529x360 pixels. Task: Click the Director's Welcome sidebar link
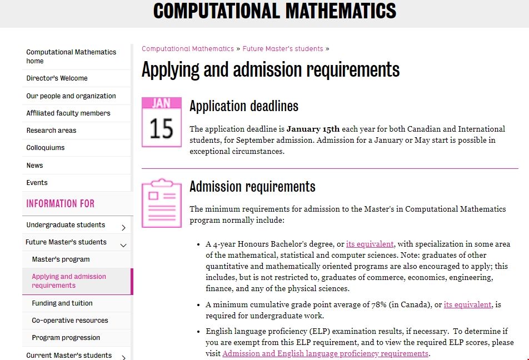point(57,78)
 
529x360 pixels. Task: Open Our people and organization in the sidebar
point(71,96)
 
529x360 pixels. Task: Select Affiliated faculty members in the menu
point(68,113)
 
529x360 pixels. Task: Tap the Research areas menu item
point(51,131)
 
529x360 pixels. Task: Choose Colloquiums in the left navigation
point(46,148)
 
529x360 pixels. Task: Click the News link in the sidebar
point(34,166)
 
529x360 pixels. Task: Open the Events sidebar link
point(37,183)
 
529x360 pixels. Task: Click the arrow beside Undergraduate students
point(123,227)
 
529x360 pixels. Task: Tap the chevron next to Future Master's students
point(123,244)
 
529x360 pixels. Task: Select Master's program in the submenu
point(61,259)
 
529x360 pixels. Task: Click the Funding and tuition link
point(62,303)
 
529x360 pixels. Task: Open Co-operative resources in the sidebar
point(70,321)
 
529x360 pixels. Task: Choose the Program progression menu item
point(66,338)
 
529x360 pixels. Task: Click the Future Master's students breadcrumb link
point(283,49)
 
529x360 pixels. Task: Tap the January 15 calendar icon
point(161,122)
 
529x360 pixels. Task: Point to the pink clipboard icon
point(161,203)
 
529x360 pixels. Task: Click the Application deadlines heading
point(244,106)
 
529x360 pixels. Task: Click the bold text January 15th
point(313,129)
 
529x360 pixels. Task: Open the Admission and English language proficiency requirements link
point(325,354)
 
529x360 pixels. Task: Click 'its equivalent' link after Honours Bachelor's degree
point(370,244)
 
